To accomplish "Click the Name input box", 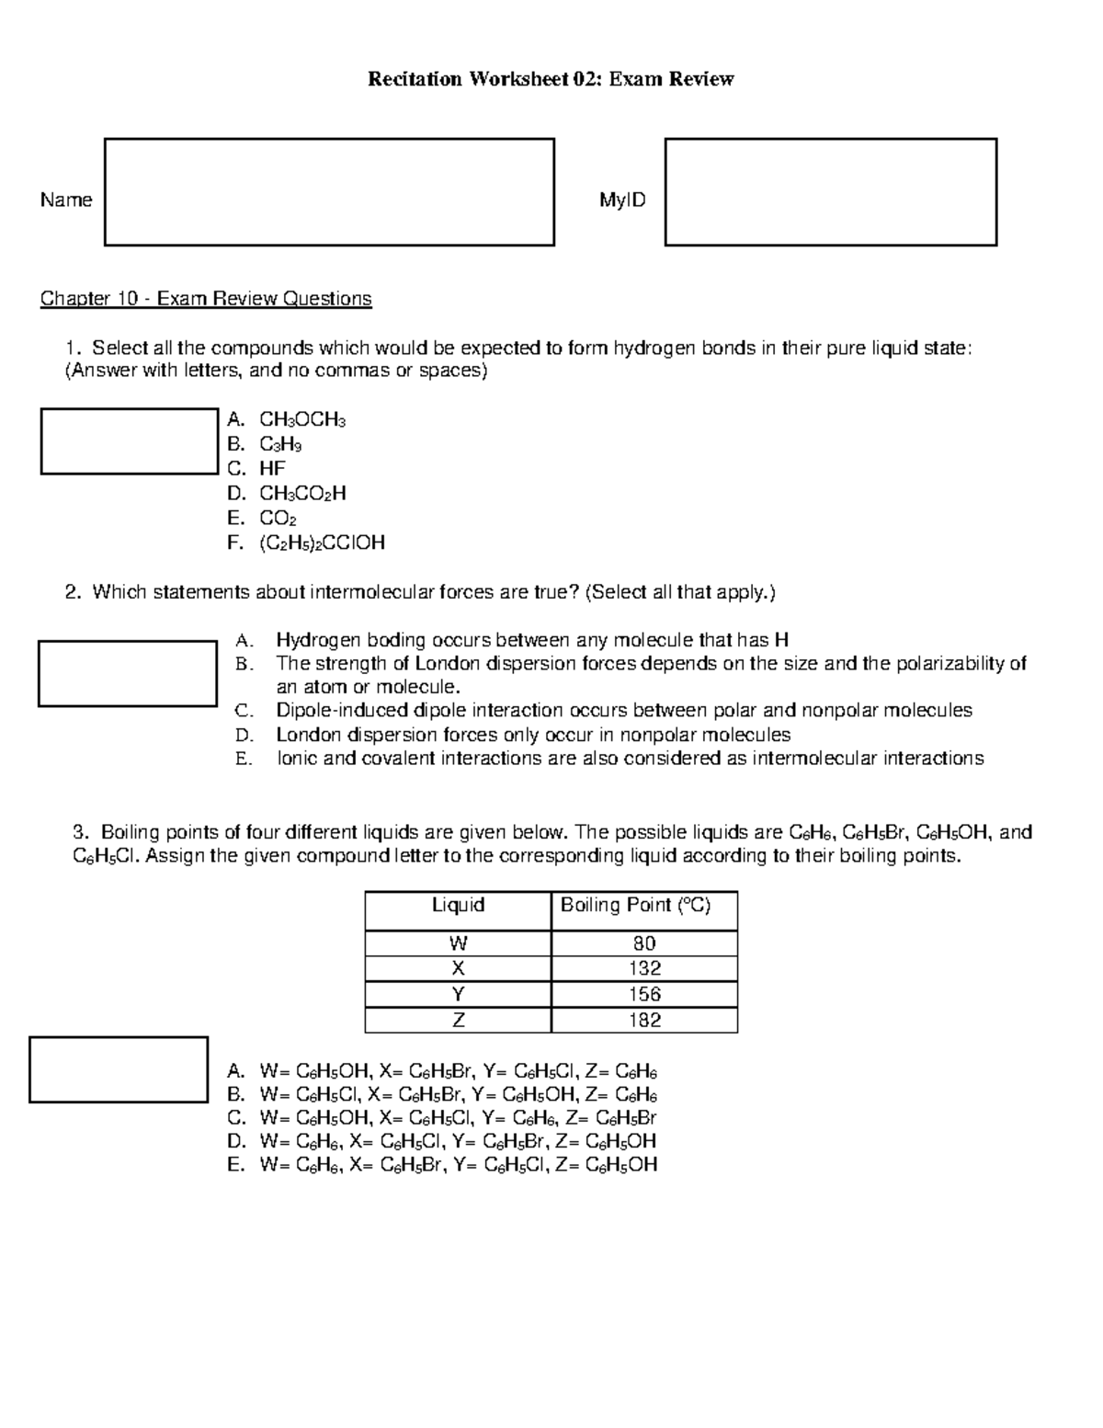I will pyautogui.click(x=329, y=192).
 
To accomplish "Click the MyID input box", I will pyautogui.click(x=831, y=192).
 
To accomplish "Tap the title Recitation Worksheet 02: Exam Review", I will pyautogui.click(x=551, y=79).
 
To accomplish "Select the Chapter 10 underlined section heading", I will pyautogui.click(x=206, y=299).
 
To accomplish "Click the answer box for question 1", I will pyautogui.click(x=129, y=441).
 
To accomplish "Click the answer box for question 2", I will pyautogui.click(x=128, y=673).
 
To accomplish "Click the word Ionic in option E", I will pyautogui.click(x=297, y=759).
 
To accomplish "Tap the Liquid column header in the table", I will pyautogui.click(x=458, y=906).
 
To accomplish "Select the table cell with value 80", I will pyautogui.click(x=644, y=943).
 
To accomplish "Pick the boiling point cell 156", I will pyautogui.click(x=644, y=994).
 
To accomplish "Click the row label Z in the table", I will pyautogui.click(x=458, y=1020).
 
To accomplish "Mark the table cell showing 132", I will pyautogui.click(x=644, y=968).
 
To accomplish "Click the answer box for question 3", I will pyautogui.click(x=119, y=1069).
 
